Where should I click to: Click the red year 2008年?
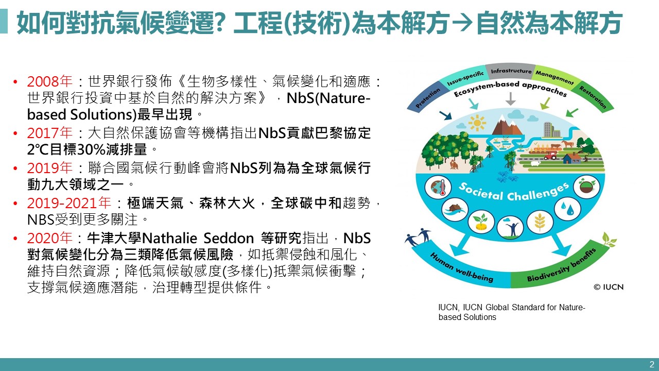(50, 81)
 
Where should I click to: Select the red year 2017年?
(50, 133)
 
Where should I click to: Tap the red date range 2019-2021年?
(69, 203)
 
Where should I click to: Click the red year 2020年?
(50, 238)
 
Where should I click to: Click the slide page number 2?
(652, 364)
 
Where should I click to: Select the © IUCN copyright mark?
(609, 287)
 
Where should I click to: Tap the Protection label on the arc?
(428, 98)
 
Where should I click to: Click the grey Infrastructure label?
(511, 71)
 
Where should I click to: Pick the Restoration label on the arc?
(593, 97)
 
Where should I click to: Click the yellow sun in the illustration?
(477, 123)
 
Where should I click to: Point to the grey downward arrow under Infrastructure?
(511, 98)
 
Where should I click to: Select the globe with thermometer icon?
(438, 187)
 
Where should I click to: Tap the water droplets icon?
(567, 209)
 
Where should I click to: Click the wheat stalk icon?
(540, 222)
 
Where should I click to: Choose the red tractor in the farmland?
(550, 155)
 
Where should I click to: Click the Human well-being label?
(461, 267)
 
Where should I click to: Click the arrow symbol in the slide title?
(462, 22)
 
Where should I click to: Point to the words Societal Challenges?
(513, 193)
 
